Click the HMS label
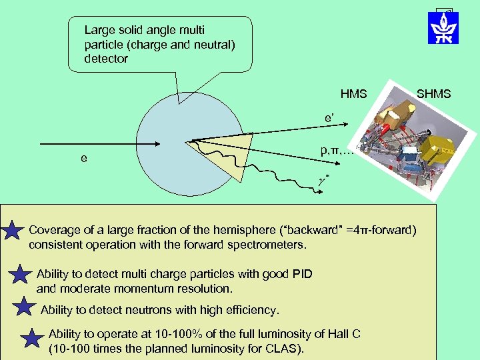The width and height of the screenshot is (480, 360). [353, 94]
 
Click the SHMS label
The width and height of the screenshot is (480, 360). [433, 94]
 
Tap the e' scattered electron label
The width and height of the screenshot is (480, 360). [333, 118]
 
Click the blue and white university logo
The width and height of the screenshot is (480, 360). [443, 27]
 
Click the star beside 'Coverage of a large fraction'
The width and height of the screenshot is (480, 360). [13, 233]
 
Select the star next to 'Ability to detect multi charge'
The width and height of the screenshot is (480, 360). [21, 278]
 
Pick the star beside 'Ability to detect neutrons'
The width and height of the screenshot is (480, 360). [24, 307]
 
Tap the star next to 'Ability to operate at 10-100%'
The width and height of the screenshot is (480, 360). [32, 339]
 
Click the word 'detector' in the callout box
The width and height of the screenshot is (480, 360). [106, 59]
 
